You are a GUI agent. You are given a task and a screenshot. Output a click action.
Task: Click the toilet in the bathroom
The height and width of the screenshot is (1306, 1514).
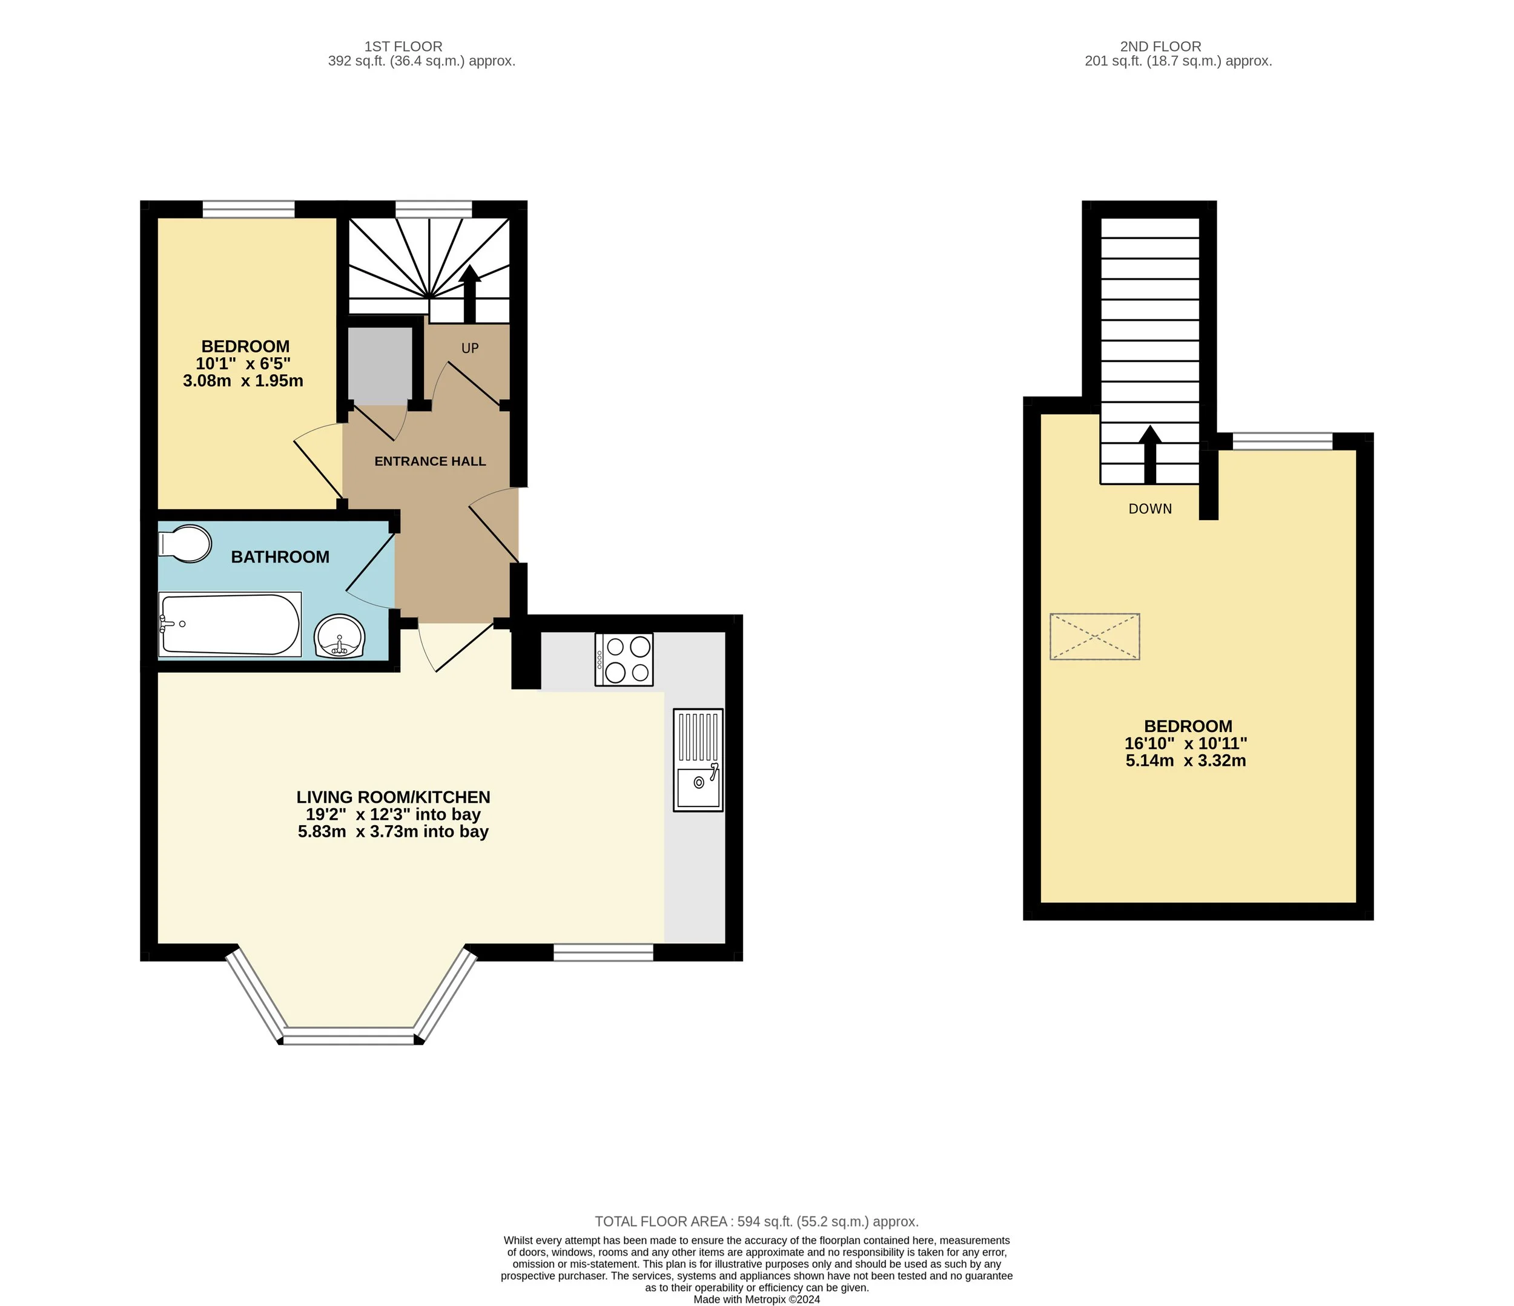pos(185,544)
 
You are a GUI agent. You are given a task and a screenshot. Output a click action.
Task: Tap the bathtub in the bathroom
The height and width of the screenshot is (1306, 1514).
pos(230,624)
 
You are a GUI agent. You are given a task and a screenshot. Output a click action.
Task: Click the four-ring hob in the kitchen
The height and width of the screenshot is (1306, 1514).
pos(624,659)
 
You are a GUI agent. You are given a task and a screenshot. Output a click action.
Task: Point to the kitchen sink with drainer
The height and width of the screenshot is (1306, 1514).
pos(698,760)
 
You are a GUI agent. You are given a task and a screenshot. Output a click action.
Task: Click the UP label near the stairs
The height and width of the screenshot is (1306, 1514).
pos(470,348)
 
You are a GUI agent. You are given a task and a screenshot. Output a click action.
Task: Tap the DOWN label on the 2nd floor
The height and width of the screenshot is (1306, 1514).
pos(1150,509)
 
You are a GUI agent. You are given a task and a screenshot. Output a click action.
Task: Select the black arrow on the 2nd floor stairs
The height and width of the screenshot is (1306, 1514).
pos(1150,454)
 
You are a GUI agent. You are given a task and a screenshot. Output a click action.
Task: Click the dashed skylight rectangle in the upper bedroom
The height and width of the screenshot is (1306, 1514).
pos(1094,637)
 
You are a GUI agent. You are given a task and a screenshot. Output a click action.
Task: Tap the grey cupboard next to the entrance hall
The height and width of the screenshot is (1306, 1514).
pos(379,365)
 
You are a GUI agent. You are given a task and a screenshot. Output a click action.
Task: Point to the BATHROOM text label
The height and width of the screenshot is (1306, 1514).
pos(280,557)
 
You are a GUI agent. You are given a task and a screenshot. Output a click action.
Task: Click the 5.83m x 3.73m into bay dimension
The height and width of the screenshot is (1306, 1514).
pos(393,832)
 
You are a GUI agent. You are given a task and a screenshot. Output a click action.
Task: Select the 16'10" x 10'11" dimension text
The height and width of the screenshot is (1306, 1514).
pos(1186,744)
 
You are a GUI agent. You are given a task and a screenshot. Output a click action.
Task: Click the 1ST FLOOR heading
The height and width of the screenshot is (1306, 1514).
pos(403,47)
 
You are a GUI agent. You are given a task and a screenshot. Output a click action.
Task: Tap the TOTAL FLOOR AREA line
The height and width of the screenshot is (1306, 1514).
pos(756,1221)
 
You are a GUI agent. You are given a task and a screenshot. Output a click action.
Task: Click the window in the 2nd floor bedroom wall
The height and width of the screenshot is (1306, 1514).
pos(1283,441)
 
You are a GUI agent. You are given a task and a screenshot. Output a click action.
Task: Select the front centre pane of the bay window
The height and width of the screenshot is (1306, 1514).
pos(349,1036)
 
